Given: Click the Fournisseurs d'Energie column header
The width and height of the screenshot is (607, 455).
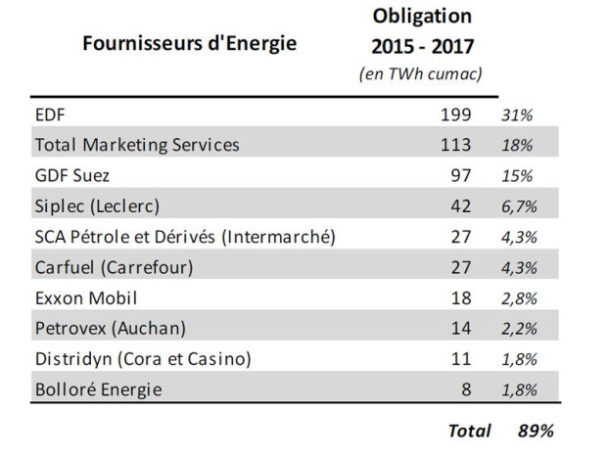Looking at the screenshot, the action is coord(190,43).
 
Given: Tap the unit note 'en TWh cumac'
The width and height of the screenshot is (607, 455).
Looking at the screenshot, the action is coord(421,74).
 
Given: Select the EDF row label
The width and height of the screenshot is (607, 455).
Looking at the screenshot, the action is coord(50,114).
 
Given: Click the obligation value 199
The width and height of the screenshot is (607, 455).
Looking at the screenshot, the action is coord(455,114).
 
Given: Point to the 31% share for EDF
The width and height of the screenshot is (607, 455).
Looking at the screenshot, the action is coord(517,115).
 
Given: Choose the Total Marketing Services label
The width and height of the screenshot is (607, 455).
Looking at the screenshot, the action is coord(137,145).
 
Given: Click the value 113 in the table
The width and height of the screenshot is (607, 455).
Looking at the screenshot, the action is coord(455,145).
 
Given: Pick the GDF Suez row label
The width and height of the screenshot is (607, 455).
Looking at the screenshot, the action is coord(72,176).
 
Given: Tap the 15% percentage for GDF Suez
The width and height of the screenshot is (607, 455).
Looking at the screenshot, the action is coord(517,176).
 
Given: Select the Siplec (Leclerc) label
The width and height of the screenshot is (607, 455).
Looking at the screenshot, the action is coord(97,206).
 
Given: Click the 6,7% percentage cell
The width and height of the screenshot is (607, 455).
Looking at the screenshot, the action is coord(519,207).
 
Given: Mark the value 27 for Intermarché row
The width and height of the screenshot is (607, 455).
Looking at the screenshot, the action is coord(461,237).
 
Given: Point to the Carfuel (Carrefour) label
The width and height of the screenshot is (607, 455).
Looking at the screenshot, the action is coord(115,267).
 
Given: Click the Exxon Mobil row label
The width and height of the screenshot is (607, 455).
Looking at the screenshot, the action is coord(86,298).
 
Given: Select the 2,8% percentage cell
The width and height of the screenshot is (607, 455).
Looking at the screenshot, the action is coord(519,298).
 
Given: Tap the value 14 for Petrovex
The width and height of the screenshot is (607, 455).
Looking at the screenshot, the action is coord(461,329).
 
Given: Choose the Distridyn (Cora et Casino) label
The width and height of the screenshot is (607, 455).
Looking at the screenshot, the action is coord(143,359).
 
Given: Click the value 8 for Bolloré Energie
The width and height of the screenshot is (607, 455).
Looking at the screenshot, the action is coord(466,389).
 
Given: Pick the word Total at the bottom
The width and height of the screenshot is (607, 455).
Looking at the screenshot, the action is coord(470,431).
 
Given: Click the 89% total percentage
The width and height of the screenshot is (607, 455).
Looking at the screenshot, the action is coord(536,431).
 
